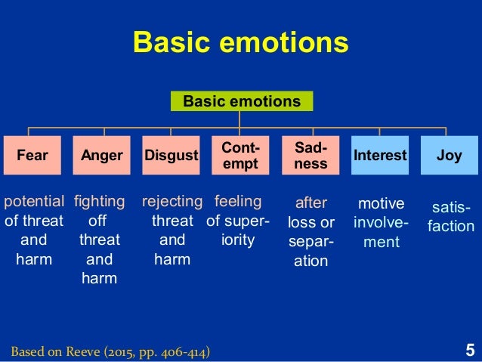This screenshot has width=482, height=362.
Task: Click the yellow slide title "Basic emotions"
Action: point(240,43)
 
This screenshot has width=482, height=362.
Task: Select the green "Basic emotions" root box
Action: point(242,101)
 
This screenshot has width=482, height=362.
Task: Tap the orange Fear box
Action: point(32,156)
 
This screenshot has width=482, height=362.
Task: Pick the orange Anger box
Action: point(101,156)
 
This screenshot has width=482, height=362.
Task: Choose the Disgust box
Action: point(171,156)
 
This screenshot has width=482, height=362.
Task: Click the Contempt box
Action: point(240,156)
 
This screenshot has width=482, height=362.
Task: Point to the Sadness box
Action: point(311,156)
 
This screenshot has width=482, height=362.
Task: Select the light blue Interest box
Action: point(380,156)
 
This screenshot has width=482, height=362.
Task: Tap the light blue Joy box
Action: point(449,156)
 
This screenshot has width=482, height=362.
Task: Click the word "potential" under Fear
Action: point(34,202)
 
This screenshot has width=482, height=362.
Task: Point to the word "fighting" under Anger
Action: point(100,202)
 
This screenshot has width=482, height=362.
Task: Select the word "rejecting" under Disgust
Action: point(172,202)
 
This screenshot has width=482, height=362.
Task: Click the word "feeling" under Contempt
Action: point(237,202)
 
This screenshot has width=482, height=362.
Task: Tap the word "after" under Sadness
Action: point(311,203)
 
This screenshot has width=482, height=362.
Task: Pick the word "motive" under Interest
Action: point(381,203)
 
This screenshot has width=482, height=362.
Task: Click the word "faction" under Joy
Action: point(450,226)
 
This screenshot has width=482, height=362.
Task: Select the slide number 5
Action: point(470,350)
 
